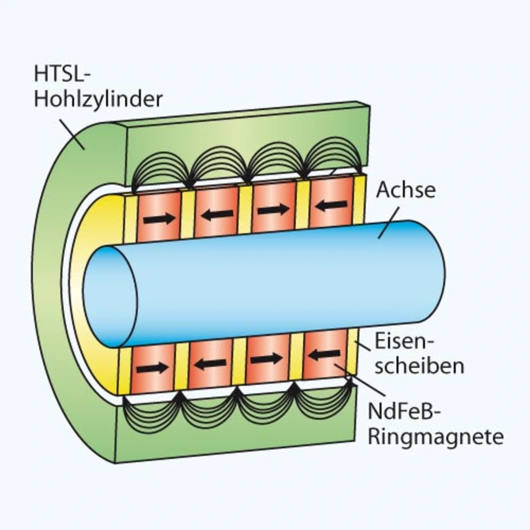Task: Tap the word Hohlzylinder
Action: pyautogui.click(x=98, y=100)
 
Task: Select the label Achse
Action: pyautogui.click(x=406, y=190)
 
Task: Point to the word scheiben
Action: pyautogui.click(x=419, y=366)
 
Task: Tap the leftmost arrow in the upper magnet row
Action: pyautogui.click(x=159, y=219)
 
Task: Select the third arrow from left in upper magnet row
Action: pyautogui.click(x=273, y=210)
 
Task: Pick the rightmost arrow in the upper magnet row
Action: pyautogui.click(x=332, y=205)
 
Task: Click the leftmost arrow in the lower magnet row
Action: pyautogui.click(x=153, y=368)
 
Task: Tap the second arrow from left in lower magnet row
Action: pyautogui.click(x=211, y=364)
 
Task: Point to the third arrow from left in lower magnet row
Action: pyautogui.click(x=266, y=359)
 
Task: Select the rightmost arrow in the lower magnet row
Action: pyautogui.click(x=324, y=354)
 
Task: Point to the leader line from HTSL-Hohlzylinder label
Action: pyautogui.click(x=73, y=133)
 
